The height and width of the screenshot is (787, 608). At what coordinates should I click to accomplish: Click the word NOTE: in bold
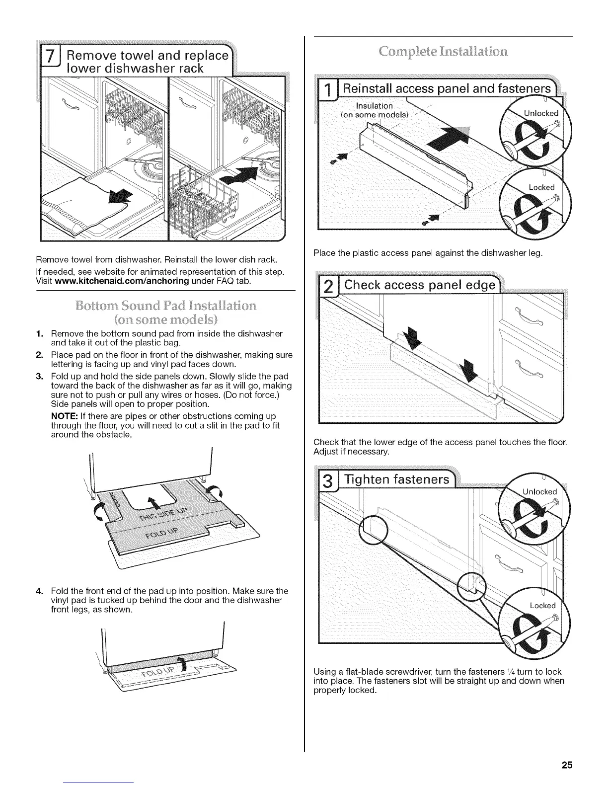pyautogui.click(x=63, y=416)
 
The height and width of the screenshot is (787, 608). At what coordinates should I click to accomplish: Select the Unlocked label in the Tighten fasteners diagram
pyautogui.click(x=540, y=492)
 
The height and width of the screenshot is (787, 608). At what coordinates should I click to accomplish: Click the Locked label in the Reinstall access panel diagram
pyautogui.click(x=541, y=187)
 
